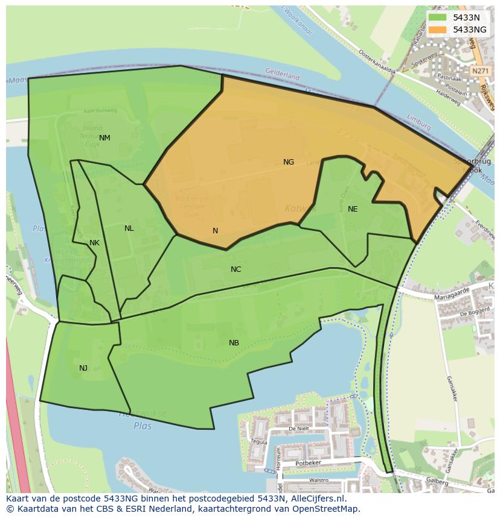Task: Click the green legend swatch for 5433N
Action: [437, 17]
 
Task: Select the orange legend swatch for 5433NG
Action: [437, 30]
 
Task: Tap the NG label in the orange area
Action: [289, 162]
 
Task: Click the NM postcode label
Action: [104, 138]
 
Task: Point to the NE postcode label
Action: [353, 209]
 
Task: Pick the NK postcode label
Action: [94, 243]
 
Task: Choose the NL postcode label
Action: [129, 228]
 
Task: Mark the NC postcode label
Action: [236, 269]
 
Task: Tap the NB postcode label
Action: [234, 343]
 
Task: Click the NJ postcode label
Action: [83, 368]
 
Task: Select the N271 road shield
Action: [479, 71]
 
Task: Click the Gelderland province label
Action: [283, 74]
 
